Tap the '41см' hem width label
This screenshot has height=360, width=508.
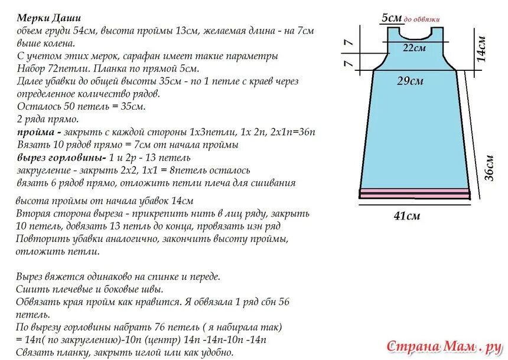click(x=407, y=216)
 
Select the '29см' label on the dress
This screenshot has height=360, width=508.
click(x=409, y=81)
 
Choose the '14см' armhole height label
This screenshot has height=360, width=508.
click(x=481, y=48)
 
